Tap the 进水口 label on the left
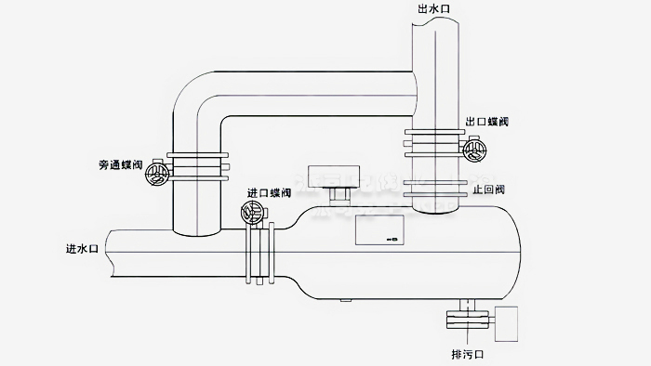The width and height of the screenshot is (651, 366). pos(82,249)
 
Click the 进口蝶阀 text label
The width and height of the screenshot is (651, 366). pos(269,193)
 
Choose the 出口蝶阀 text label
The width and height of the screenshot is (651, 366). pos(486,122)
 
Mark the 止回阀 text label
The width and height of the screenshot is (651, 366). pos(488,190)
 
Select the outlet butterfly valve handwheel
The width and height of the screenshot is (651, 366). pos(475,149)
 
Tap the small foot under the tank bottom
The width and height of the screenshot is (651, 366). pos(345,300)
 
